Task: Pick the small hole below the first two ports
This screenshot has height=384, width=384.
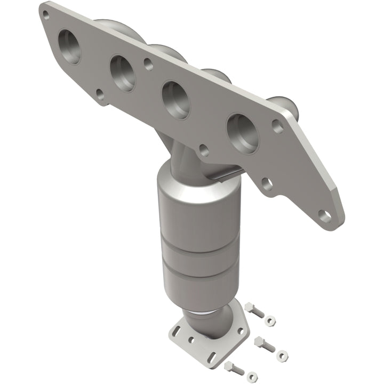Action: (99, 95)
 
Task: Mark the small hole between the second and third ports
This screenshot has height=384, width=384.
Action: (147, 63)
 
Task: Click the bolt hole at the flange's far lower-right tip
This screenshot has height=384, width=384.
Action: (323, 214)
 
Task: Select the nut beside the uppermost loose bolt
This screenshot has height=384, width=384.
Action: (270, 320)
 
